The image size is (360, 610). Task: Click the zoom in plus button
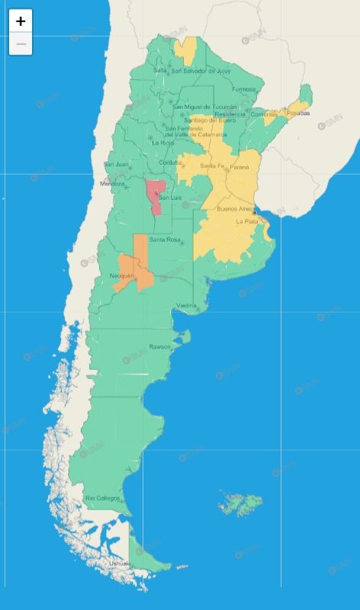(21, 21)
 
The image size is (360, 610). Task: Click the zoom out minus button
(21, 44)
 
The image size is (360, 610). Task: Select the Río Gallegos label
(102, 498)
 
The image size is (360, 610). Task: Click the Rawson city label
(160, 347)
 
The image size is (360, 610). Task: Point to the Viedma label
(187, 306)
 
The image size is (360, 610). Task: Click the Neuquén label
(122, 275)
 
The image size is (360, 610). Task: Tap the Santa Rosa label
(165, 240)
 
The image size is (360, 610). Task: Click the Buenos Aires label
(235, 208)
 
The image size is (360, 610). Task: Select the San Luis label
(170, 198)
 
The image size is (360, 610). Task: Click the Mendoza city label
(111, 184)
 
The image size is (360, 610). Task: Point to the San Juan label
(116, 164)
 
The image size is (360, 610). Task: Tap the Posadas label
(298, 113)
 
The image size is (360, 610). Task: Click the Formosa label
(244, 89)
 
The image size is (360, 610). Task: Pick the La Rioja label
(162, 143)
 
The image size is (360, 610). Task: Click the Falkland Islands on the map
(243, 503)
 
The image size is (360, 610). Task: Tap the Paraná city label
(240, 166)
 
